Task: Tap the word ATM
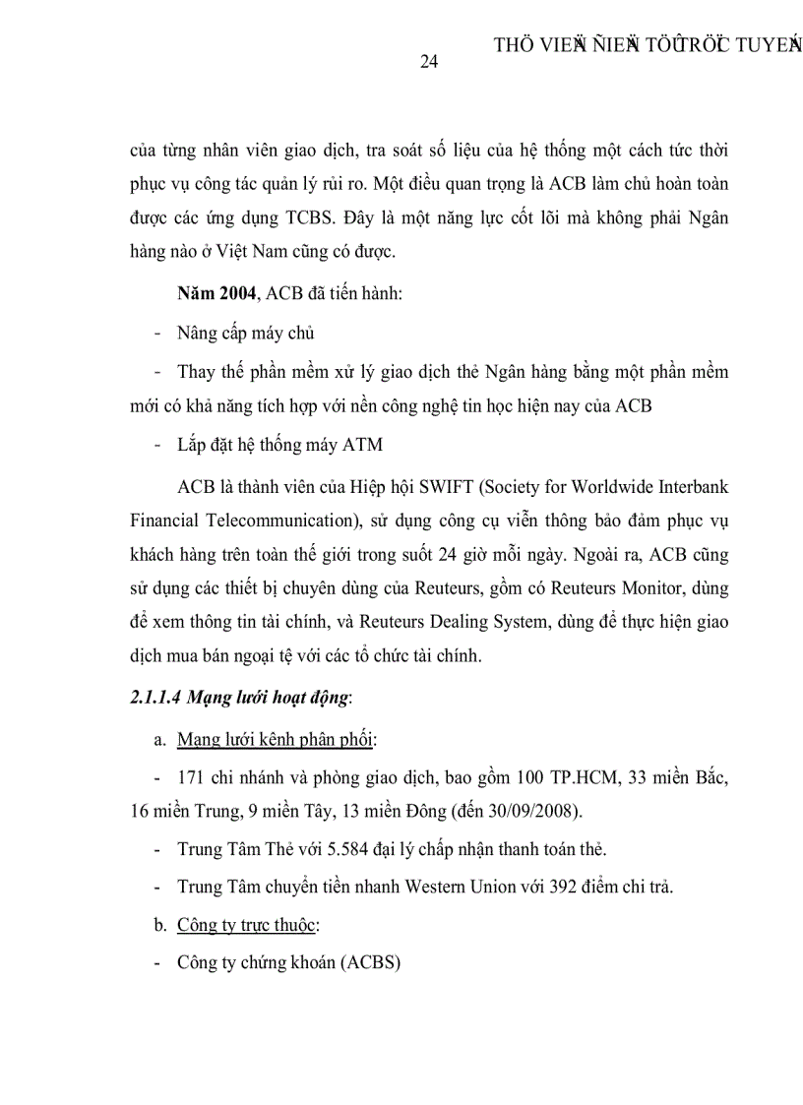tap(362, 445)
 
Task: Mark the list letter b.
tap(160, 925)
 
